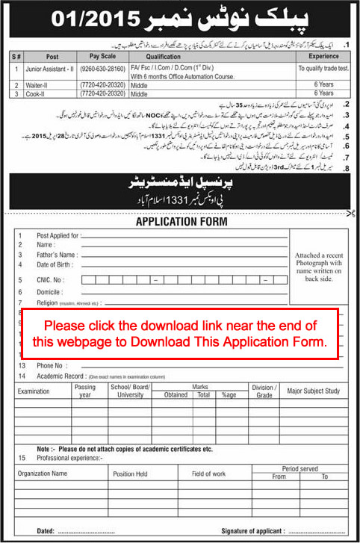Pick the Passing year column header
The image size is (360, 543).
point(85,391)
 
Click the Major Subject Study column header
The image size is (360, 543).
point(313,391)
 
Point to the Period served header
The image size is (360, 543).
point(297,469)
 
